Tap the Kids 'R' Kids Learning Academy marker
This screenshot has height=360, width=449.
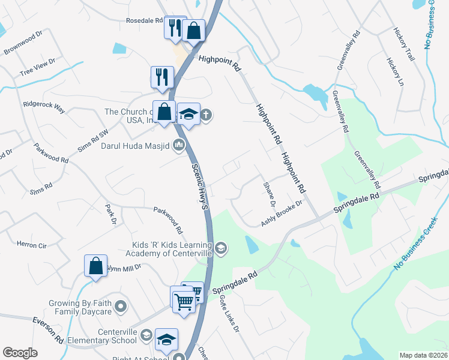[221, 248]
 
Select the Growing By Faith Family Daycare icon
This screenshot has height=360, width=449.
[121, 308]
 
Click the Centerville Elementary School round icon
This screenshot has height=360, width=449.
[146, 334]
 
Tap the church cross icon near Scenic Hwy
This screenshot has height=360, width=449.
[206, 115]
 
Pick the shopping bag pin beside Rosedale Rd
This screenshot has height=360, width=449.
[194, 31]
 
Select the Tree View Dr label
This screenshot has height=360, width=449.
[37, 67]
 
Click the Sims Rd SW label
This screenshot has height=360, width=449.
[95, 140]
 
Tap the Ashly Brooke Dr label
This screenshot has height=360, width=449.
[281, 214]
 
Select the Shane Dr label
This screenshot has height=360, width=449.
[268, 196]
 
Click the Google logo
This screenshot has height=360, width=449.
[20, 353]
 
